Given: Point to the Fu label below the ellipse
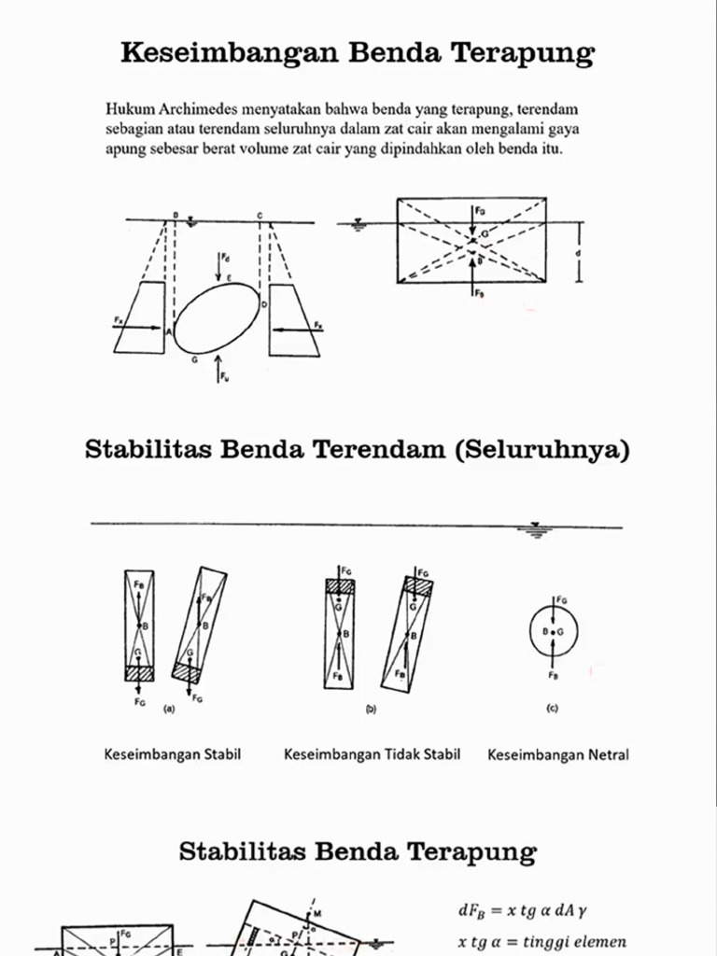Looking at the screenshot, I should [225, 376].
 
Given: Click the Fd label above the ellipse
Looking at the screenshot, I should [225, 257].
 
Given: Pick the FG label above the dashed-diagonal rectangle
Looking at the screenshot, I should [480, 212].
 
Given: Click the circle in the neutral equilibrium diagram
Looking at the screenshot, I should [554, 632].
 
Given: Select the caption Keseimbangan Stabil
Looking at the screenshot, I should [173, 753].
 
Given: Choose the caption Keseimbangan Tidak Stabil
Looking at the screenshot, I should [372, 753].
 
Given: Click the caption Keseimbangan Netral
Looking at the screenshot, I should [558, 754].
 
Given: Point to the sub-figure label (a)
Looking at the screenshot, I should [169, 710].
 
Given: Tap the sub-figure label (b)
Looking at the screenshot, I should [371, 710].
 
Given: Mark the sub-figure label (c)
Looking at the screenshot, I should [552, 709].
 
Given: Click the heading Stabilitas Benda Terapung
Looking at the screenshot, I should [358, 851].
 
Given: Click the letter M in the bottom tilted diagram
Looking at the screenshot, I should [316, 912].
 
